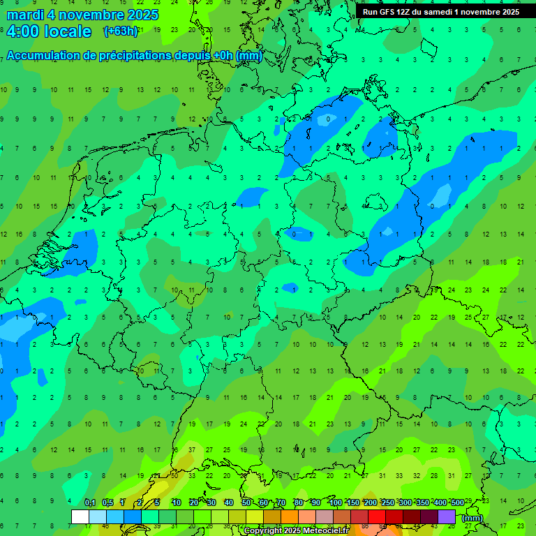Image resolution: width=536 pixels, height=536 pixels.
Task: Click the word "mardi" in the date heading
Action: tap(26, 15)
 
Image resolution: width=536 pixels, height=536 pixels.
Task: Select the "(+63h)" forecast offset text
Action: tap(121, 31)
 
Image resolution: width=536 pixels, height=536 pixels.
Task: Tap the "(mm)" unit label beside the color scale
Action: tap(472, 518)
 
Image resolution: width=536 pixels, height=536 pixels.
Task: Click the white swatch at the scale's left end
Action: tap(80, 517)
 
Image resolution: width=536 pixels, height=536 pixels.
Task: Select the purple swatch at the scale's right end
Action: tap(447, 517)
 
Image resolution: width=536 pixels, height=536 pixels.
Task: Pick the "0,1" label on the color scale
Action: tap(90, 502)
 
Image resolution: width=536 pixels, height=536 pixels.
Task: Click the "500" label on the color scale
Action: tap(457, 502)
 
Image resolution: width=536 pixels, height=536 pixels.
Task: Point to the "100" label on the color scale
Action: tap(335, 502)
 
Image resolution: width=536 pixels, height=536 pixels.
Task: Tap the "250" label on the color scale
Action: tap(387, 502)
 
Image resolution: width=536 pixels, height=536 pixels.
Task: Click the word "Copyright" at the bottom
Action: tap(263, 531)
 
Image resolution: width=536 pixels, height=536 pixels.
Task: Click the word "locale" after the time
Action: tap(68, 31)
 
